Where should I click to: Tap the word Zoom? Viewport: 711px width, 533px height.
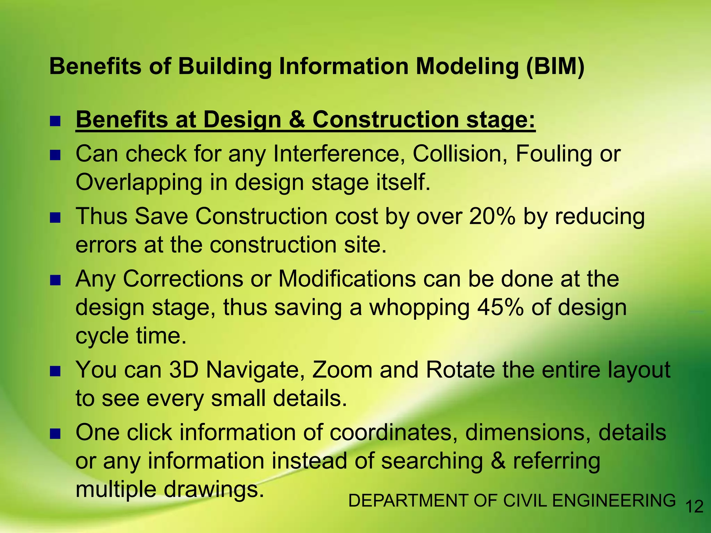pyautogui.click(x=342, y=370)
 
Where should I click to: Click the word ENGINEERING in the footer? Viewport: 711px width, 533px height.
pyautogui.click(x=613, y=501)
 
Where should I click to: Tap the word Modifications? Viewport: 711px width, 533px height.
pyautogui.click(x=347, y=279)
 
